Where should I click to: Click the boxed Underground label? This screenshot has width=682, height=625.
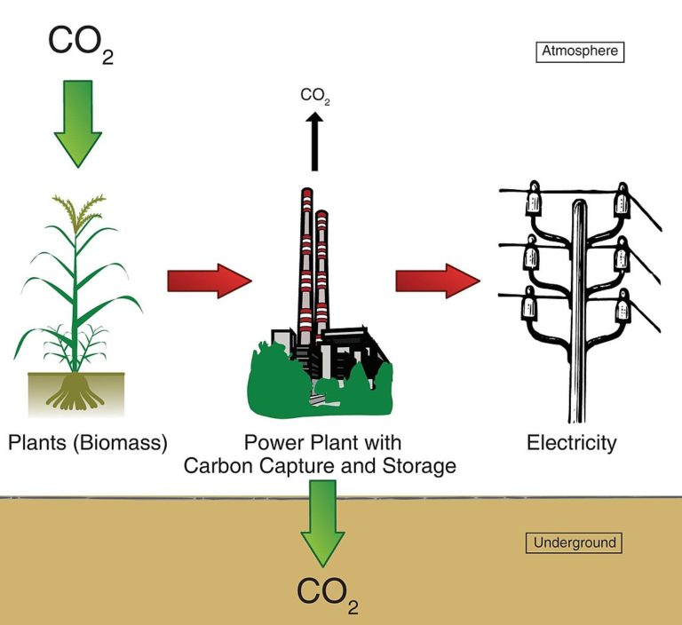[x=575, y=542]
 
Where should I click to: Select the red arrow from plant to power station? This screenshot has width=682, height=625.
[x=210, y=281]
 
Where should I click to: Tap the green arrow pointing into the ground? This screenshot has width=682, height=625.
[x=322, y=520]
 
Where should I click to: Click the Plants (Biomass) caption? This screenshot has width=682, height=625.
[x=87, y=441]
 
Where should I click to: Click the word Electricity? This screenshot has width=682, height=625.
[x=571, y=441]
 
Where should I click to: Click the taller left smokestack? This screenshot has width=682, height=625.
[x=305, y=266]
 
